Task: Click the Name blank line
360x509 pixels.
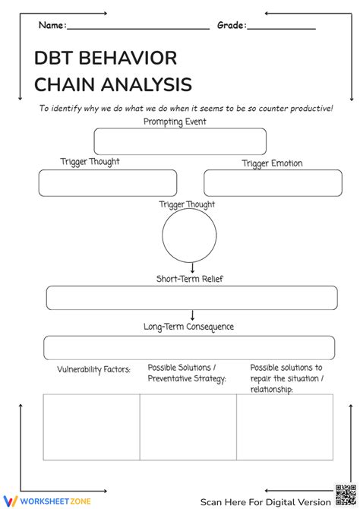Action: point(138,27)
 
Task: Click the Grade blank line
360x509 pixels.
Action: point(281,27)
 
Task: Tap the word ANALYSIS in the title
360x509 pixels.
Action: point(144,84)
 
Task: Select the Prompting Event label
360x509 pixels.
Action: point(175,122)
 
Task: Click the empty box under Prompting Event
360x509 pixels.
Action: point(180,141)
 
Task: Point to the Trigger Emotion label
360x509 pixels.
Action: point(272,163)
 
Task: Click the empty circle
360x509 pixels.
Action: point(192,236)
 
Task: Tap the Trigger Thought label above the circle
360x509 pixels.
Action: point(187,204)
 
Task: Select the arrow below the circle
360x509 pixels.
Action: point(193,267)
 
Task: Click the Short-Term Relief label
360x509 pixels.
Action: point(190,279)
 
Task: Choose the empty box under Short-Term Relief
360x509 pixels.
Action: point(191,298)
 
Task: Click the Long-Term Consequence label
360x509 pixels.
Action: point(188,327)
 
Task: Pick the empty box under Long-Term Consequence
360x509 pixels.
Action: point(188,347)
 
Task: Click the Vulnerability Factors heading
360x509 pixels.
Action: point(93,370)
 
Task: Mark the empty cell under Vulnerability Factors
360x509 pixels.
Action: point(91,427)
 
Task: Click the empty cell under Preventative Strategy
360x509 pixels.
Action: point(188,427)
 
